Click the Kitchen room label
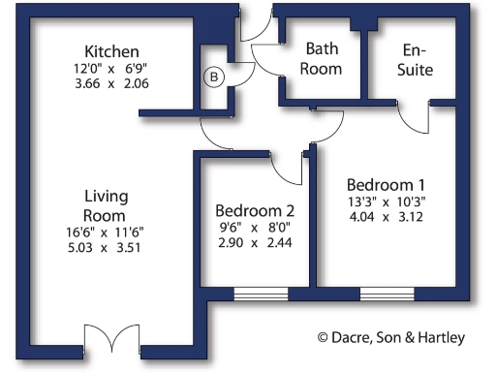click(x=111, y=51)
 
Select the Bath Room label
click(x=323, y=58)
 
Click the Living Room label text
click(x=106, y=205)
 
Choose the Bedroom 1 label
click(x=386, y=184)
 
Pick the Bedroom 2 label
click(x=255, y=210)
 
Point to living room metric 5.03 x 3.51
click(x=106, y=248)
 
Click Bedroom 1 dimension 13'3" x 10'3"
click(x=386, y=201)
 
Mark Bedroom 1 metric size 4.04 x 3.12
click(x=386, y=218)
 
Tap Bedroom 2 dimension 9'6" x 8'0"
click(x=254, y=229)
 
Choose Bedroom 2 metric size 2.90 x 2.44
click(x=254, y=244)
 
